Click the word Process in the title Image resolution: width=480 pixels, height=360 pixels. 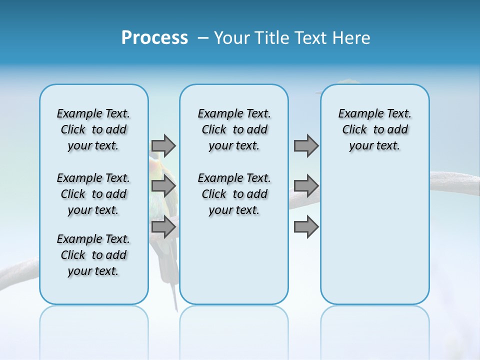[x=154, y=38]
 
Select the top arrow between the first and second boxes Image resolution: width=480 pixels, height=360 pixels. [x=163, y=145]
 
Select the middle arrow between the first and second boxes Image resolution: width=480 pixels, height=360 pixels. [x=163, y=186]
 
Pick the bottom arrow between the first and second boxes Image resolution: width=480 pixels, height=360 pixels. [x=163, y=227]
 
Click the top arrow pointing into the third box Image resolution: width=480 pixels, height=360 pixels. [x=306, y=145]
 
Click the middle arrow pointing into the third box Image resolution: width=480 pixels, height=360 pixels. [x=306, y=186]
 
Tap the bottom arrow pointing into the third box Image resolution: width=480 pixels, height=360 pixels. [x=306, y=227]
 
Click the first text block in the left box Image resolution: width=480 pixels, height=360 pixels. [x=93, y=129]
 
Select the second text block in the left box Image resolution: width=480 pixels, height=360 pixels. [x=93, y=194]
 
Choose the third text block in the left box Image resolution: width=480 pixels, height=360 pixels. [x=93, y=255]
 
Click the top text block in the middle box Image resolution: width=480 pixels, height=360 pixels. [x=234, y=129]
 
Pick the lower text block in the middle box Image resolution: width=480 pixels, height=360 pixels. [x=234, y=194]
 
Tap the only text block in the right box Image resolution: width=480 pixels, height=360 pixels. [x=374, y=129]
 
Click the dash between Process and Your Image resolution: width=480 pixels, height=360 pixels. [x=203, y=38]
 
